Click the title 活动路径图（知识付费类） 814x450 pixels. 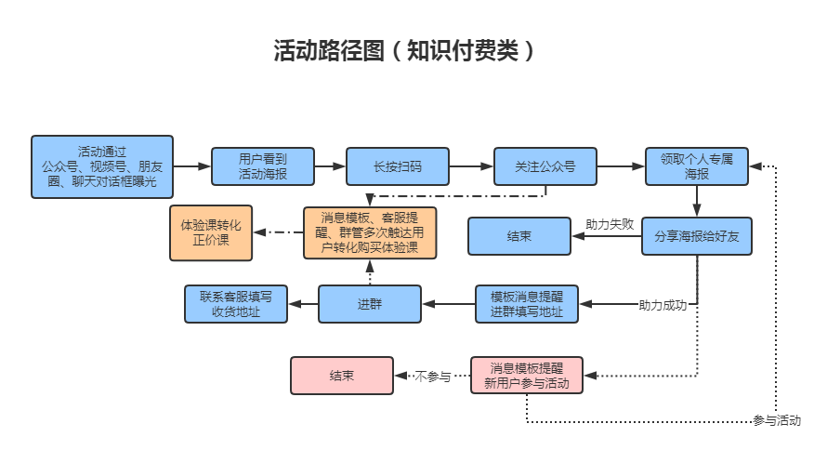coord(405,50)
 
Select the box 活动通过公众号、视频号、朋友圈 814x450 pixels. coord(102,167)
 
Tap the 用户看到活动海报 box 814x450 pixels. coord(263,166)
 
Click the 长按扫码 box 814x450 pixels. coord(397,167)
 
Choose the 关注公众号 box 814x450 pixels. coord(545,167)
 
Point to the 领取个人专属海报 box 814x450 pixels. coord(697,166)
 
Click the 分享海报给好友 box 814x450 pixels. coord(697,236)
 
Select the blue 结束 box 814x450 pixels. coord(519,236)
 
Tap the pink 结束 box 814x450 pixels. coord(341,376)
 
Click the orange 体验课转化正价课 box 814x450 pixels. coord(211,232)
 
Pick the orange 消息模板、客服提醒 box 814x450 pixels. coord(370,232)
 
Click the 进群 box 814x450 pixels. coord(369,304)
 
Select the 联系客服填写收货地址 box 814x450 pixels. coord(236,304)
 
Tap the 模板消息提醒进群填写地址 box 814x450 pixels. coord(527,304)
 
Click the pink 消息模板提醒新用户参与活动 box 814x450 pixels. coord(527,376)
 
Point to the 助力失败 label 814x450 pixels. coord(610,224)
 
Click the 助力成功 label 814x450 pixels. coord(663,305)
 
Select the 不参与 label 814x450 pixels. coord(433,377)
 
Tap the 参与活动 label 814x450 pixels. coord(777,420)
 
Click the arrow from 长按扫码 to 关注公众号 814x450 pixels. coord(471,167)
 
